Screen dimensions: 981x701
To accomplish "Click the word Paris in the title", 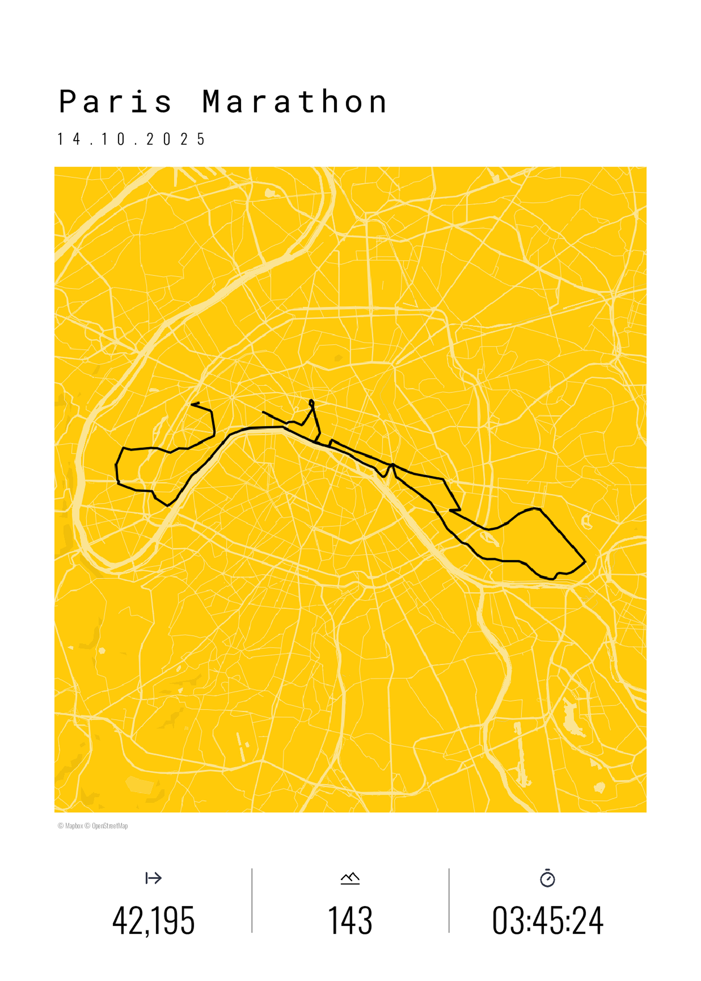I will click(115, 102).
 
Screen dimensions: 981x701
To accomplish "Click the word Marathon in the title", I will click(294, 102).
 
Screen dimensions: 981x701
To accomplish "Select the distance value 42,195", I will click(154, 920).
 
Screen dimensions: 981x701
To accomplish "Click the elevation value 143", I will click(350, 920).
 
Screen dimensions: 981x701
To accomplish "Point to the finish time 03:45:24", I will click(547, 920).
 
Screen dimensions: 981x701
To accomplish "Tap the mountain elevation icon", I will click(350, 878).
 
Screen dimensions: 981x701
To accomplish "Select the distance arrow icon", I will click(154, 878).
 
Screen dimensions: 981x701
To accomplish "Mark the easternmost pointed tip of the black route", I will click(585, 562).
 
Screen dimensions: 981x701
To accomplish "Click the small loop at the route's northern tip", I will click(312, 403).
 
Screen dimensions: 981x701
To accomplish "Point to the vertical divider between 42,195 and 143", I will click(252, 901).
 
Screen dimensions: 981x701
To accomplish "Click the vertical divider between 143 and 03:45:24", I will click(449, 901).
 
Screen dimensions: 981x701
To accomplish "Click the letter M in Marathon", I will click(214, 102).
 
